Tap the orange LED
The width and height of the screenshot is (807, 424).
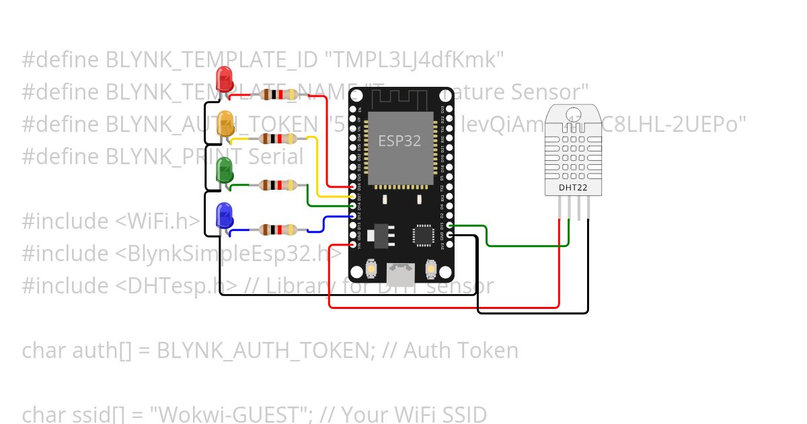point(226,121)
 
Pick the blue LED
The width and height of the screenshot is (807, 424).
point(223,215)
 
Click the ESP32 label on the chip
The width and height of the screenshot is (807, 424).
point(399,141)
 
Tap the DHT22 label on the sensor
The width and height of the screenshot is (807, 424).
point(574,188)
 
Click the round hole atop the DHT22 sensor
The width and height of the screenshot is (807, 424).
point(574,114)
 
